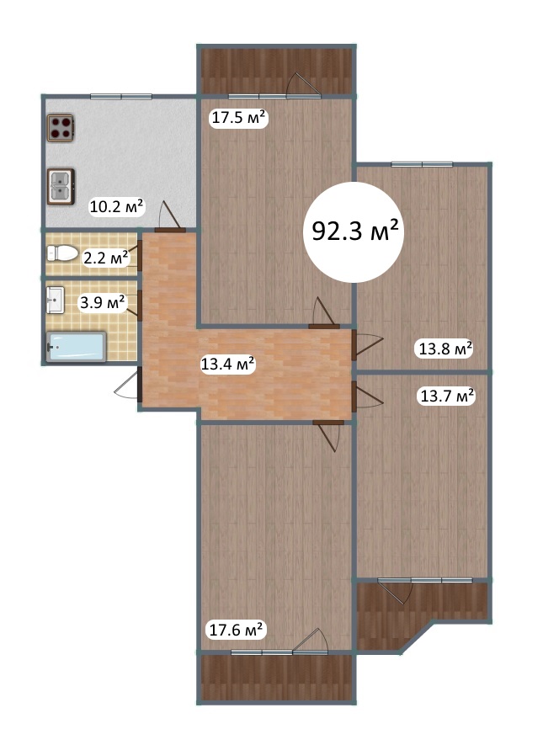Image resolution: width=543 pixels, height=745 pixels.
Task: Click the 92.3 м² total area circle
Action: (x=354, y=231)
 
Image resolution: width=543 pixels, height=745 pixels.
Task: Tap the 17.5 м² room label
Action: (x=238, y=117)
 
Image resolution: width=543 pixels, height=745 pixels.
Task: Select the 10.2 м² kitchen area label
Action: (x=117, y=207)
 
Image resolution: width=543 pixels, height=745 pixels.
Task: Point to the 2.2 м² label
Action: (x=105, y=258)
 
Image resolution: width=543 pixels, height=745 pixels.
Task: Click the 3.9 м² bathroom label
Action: (x=103, y=302)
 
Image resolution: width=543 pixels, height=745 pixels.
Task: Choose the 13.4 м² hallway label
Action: (x=228, y=365)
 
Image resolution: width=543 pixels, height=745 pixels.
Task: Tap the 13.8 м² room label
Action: (x=445, y=349)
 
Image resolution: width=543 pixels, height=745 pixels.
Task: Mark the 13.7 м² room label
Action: (x=447, y=396)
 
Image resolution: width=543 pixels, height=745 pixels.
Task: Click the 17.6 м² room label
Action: (x=236, y=630)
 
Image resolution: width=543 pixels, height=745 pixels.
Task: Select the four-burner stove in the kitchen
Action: (x=61, y=128)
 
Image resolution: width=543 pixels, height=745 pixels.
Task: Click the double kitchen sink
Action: (x=61, y=186)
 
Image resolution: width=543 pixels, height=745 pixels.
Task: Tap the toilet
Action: (x=62, y=253)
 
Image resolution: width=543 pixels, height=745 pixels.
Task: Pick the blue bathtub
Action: (x=76, y=347)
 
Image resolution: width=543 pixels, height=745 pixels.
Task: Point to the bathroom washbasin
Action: (x=56, y=301)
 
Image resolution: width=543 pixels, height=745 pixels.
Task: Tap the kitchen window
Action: (x=121, y=97)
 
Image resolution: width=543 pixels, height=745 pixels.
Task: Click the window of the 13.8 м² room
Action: (x=422, y=164)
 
